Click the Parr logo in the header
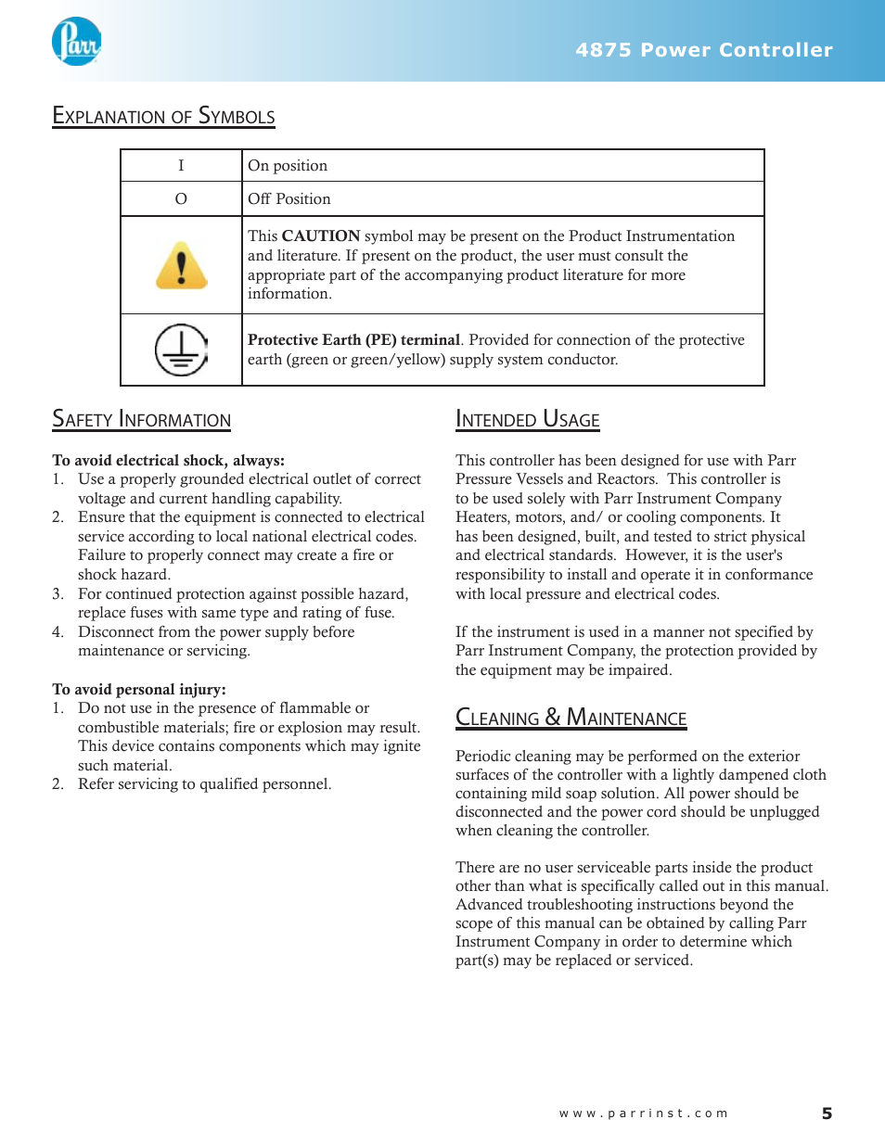(x=76, y=42)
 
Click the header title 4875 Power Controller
(x=704, y=50)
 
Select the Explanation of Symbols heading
(x=163, y=117)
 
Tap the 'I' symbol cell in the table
(x=181, y=166)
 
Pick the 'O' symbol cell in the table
(x=181, y=199)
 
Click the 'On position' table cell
(x=288, y=166)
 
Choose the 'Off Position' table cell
(x=289, y=199)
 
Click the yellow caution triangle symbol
(x=182, y=266)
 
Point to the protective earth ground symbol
(x=181, y=350)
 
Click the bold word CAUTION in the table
(x=321, y=236)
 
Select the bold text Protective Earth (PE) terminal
(x=353, y=340)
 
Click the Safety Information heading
(x=141, y=420)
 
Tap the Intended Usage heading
(x=527, y=420)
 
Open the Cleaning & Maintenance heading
(x=571, y=719)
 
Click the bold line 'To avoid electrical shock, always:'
(x=168, y=461)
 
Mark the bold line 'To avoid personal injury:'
(x=139, y=690)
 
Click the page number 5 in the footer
(x=827, y=1113)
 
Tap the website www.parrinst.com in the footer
(x=643, y=1113)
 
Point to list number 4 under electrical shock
(x=58, y=632)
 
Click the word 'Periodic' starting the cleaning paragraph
(x=482, y=757)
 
